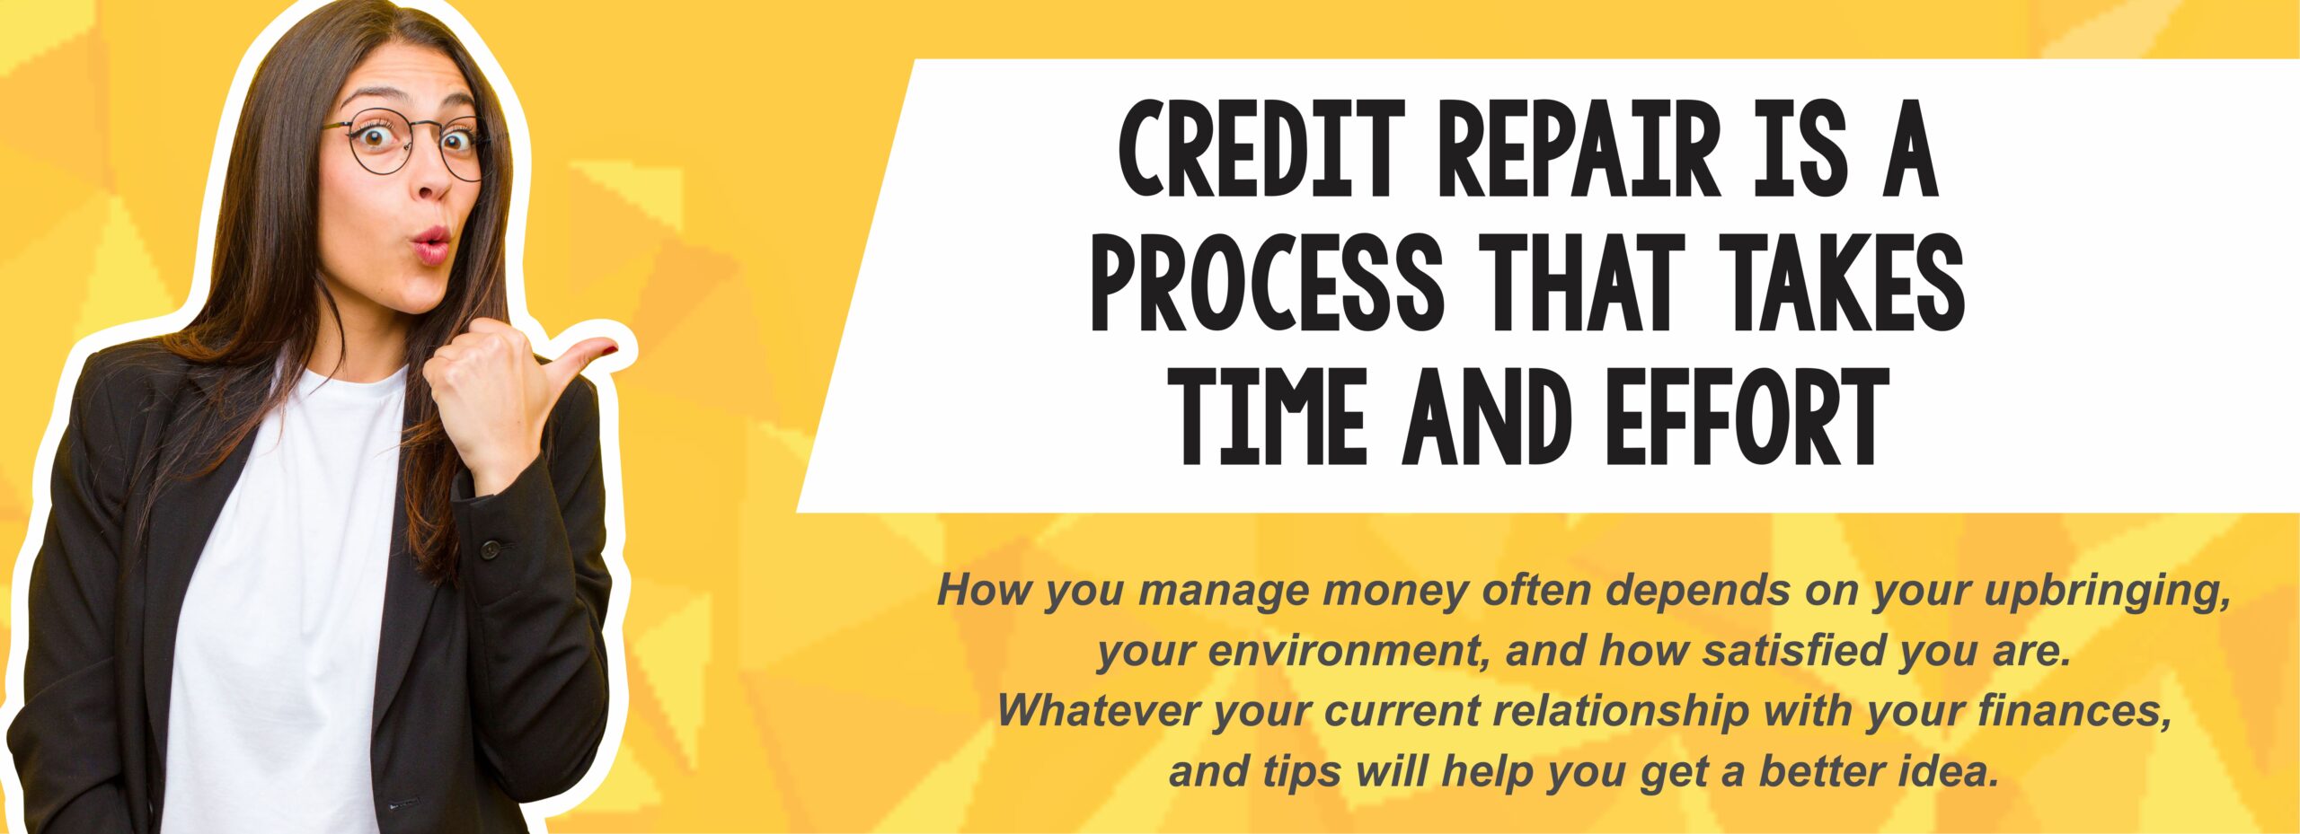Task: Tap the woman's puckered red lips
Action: point(431,241)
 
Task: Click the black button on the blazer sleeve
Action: point(489,548)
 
